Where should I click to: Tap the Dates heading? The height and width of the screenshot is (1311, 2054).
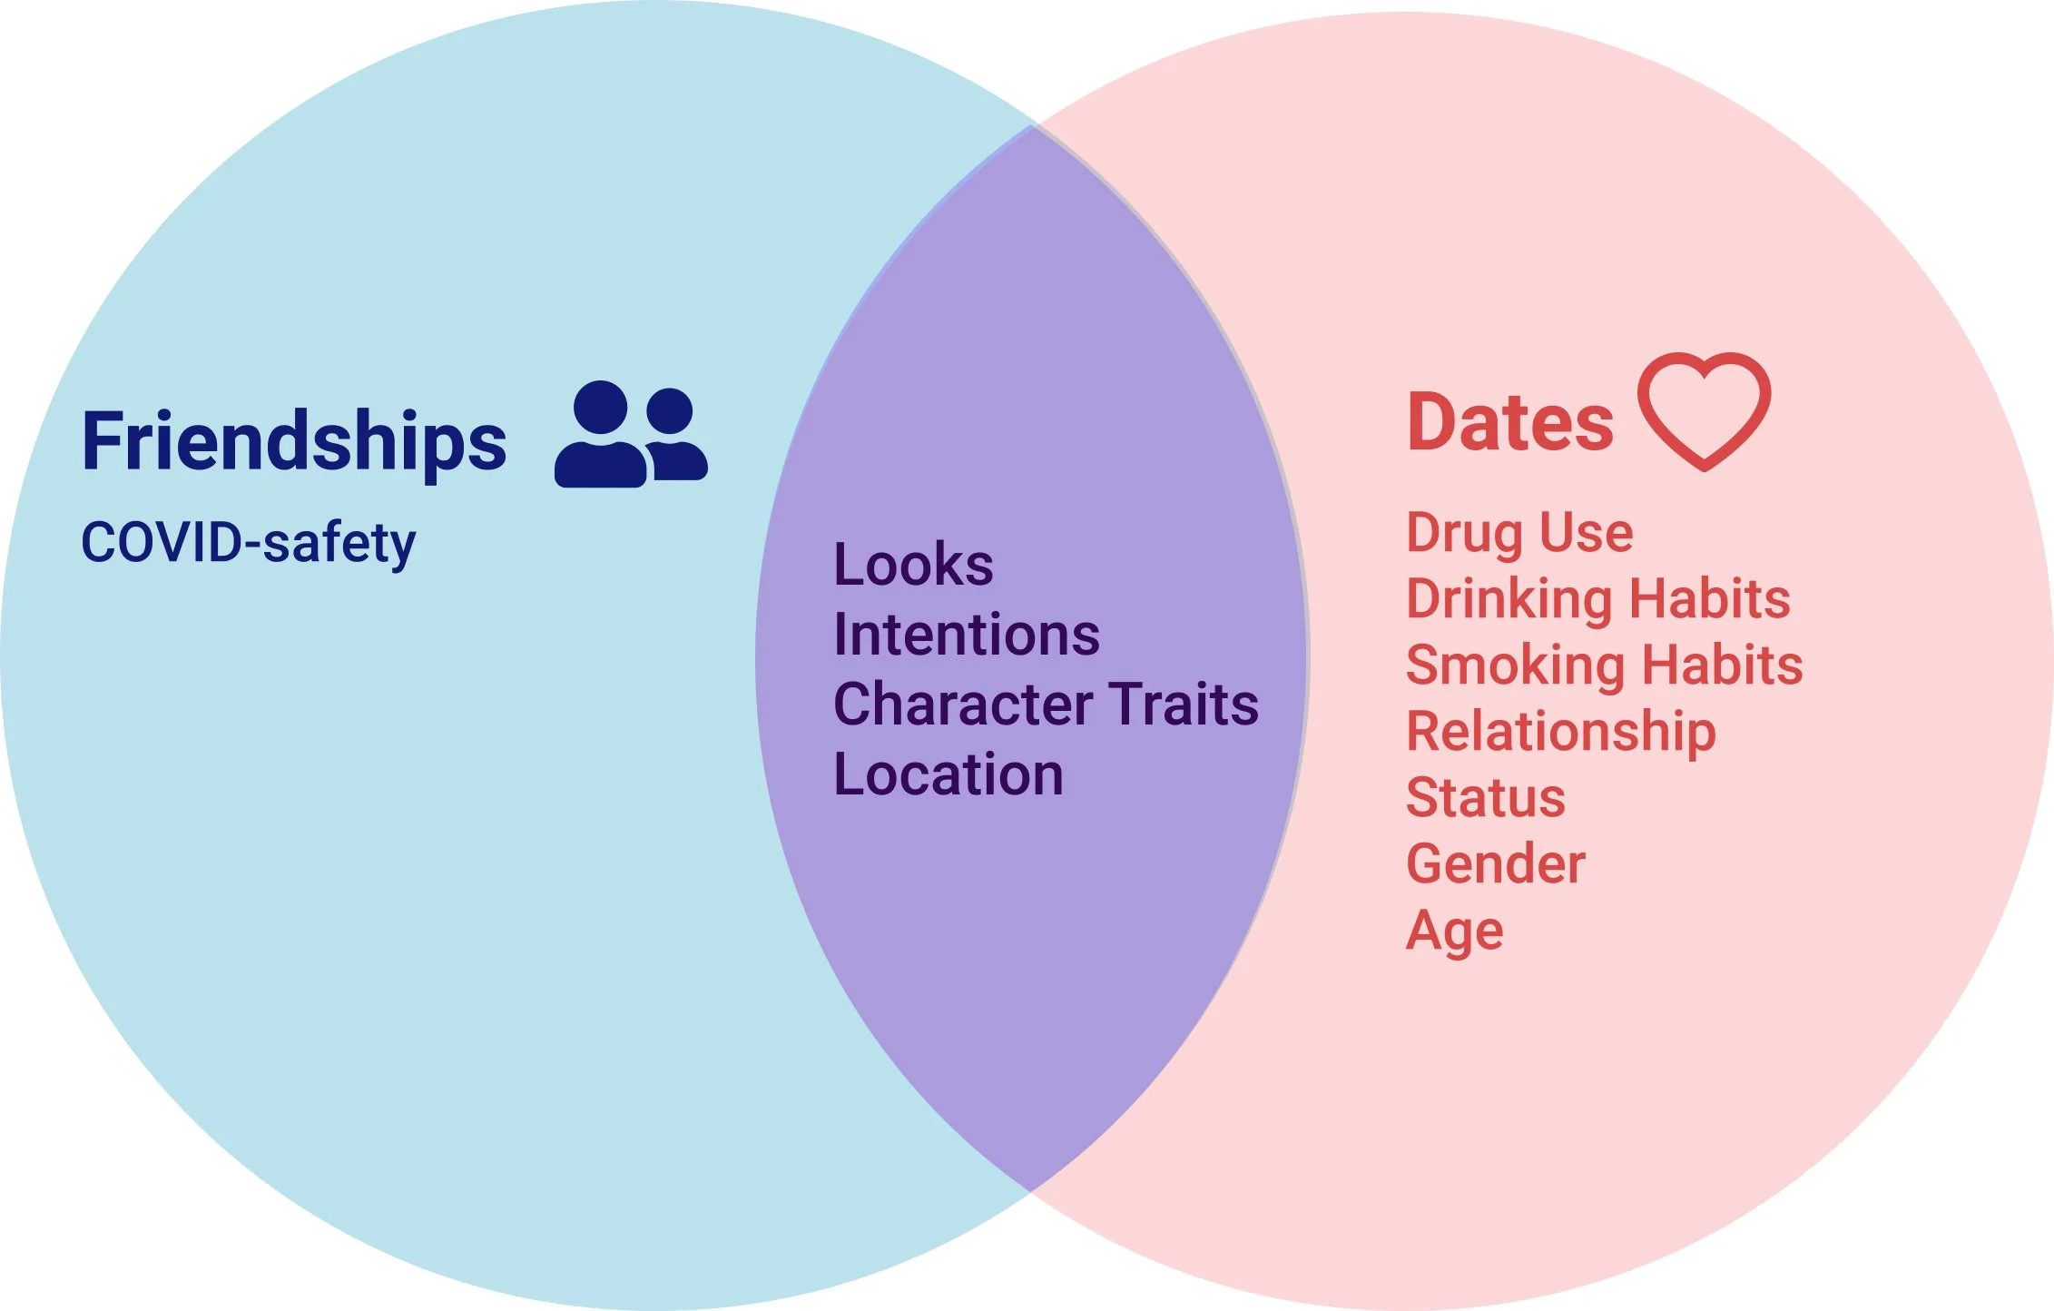1510,422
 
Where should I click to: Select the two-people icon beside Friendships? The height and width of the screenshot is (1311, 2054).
631,434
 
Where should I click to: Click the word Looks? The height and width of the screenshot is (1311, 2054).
913,565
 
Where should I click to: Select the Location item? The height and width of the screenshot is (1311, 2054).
948,774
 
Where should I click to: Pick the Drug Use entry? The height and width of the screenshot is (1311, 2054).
1519,533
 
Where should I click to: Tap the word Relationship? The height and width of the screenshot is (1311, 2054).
1561,733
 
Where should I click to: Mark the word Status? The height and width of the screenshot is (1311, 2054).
1486,798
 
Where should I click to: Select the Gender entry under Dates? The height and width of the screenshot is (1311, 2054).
1496,863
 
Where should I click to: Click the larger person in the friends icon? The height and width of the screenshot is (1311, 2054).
600,434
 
